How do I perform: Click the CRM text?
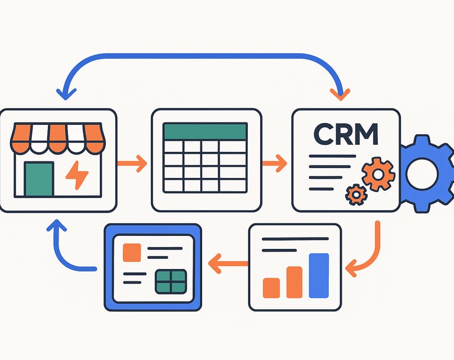(346, 134)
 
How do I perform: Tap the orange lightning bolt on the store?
(77, 174)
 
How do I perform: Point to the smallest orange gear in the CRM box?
(355, 194)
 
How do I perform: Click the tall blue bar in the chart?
(319, 275)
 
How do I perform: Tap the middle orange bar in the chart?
(294, 281)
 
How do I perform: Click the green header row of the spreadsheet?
(205, 131)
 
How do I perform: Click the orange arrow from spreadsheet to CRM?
(274, 163)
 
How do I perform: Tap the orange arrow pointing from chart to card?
(228, 263)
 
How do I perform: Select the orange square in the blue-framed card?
(131, 252)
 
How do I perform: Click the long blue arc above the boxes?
(201, 57)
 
